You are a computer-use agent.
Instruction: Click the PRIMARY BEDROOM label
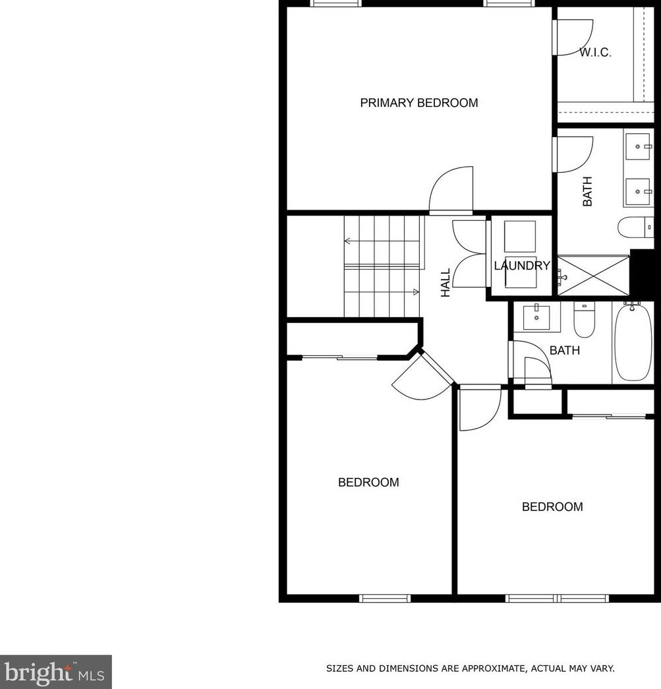(419, 103)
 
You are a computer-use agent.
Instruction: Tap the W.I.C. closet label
(595, 53)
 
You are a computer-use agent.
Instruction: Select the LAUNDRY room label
(522, 266)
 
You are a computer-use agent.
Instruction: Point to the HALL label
(445, 283)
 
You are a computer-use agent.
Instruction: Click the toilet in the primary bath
(635, 227)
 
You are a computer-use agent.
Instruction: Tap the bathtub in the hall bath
(633, 342)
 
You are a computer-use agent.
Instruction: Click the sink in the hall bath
(536, 317)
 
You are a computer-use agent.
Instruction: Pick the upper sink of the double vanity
(638, 146)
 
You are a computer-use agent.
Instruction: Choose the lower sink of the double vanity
(638, 192)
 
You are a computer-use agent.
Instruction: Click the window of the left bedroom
(385, 598)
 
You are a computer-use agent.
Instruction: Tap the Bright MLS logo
(56, 672)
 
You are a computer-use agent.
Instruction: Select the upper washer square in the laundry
(520, 237)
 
